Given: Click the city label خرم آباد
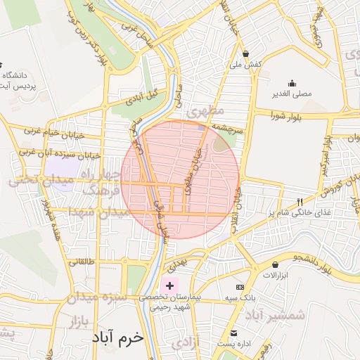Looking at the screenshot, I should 117,337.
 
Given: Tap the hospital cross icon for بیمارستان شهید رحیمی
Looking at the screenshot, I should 169,286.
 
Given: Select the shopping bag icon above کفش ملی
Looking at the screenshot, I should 245,53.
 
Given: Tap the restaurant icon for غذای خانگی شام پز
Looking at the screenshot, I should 300,200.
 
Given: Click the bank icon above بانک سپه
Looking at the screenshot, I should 240,287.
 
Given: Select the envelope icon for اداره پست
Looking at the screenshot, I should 233,333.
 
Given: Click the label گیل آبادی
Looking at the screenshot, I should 141,98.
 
